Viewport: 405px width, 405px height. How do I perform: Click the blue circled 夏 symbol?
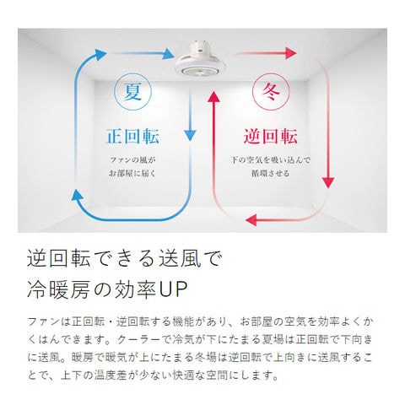tap(132, 91)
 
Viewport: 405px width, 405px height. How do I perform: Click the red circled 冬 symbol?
tap(271, 91)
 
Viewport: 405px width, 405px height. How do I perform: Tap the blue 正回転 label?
tap(132, 137)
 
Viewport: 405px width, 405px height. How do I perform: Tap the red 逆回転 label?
tap(271, 137)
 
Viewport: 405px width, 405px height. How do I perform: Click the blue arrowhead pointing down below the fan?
tap(190, 136)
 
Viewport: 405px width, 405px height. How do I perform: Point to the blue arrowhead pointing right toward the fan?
tap(169, 54)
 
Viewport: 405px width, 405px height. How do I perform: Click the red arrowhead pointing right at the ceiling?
tap(291, 53)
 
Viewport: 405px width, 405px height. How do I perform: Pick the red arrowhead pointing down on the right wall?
tap(327, 183)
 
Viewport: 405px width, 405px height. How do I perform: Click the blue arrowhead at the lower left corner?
tap(77, 195)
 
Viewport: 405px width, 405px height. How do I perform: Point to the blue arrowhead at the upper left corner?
tap(100, 55)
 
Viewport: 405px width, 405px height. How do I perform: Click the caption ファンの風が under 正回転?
tap(132, 160)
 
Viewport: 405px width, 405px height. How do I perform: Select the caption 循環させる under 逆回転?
tap(270, 173)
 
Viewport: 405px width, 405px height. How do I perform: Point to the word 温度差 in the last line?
tap(111, 375)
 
